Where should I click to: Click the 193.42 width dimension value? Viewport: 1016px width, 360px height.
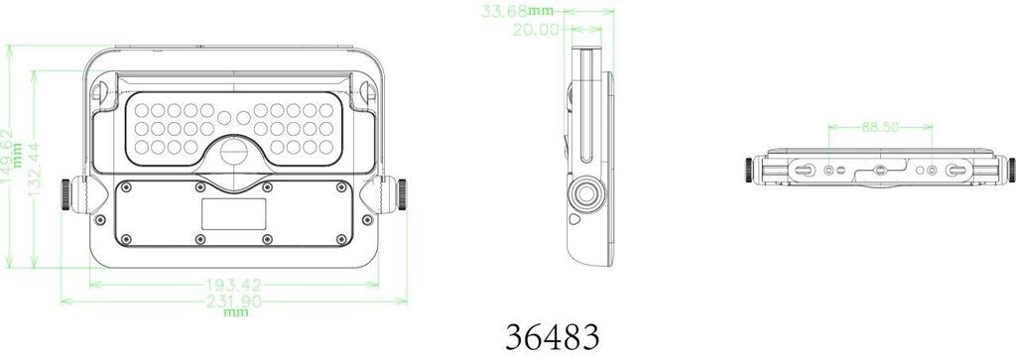[234, 285]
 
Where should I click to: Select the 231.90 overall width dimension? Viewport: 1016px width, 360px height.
[234, 301]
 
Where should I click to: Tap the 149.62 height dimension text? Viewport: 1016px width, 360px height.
[8, 156]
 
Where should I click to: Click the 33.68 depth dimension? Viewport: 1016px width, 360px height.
[505, 12]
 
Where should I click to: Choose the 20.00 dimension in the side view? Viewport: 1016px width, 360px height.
[536, 29]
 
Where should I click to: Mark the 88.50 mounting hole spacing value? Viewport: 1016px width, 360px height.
[880, 127]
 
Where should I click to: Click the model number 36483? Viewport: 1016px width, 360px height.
[552, 336]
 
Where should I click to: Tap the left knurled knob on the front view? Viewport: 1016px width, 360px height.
[65, 195]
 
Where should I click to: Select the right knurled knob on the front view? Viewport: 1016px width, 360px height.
[402, 195]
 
